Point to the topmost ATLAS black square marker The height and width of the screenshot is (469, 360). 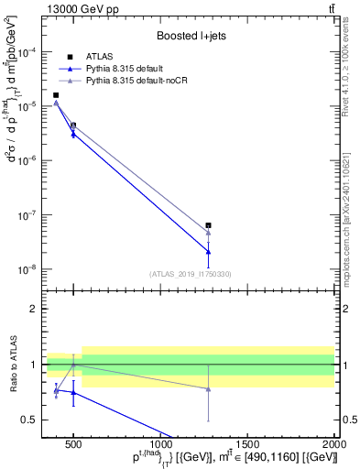pyautogui.click(x=56, y=95)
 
